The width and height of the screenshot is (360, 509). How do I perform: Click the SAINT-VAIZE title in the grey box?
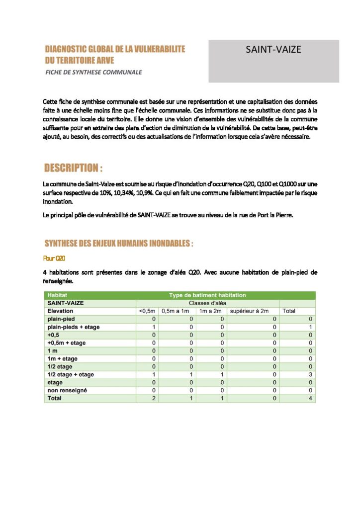273,50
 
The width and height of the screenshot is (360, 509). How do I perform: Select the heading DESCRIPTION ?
74,168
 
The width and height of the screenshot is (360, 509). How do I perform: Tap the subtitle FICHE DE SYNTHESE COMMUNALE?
93,72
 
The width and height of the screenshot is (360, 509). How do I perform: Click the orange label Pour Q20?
55,258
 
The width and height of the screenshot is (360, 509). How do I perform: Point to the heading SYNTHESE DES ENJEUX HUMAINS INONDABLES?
118,244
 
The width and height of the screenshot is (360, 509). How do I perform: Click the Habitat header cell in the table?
57,295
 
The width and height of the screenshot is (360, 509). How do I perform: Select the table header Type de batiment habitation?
207,295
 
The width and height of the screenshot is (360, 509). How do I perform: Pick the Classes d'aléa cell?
207,303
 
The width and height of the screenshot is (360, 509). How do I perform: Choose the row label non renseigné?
67,390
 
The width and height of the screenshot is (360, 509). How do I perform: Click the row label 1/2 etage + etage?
70,374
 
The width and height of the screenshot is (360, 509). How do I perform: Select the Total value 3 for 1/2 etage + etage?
310,374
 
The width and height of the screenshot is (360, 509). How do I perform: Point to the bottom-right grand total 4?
310,398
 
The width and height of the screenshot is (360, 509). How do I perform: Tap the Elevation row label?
60,311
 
